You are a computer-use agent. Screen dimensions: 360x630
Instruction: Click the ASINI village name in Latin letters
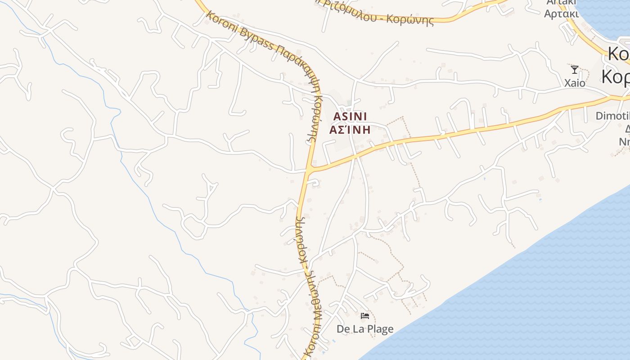point(350,117)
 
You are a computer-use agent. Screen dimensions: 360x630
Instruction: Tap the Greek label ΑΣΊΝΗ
point(350,130)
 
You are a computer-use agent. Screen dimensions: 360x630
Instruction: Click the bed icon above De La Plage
point(365,316)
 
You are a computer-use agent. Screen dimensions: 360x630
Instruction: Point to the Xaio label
point(575,83)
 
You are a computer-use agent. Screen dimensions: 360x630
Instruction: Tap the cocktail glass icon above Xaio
point(575,70)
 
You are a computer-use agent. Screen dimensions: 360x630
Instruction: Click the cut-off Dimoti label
point(612,116)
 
